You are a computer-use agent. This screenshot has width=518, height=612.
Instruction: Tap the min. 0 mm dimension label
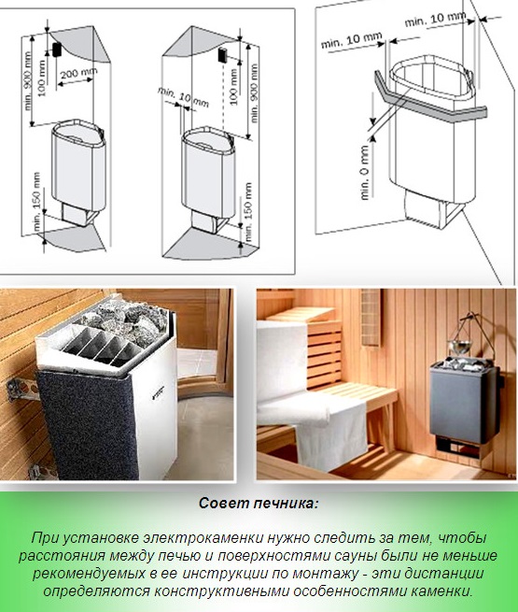[365, 173]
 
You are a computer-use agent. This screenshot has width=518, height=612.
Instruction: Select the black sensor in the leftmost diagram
[57, 50]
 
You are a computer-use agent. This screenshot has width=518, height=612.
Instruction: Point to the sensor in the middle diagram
[222, 55]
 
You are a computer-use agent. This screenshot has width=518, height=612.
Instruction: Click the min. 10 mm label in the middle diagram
[183, 97]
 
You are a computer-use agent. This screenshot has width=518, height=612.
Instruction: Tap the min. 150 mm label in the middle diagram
[248, 211]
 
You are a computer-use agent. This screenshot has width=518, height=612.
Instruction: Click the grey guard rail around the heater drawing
[429, 104]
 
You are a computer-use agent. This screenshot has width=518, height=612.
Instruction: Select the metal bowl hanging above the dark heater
[459, 346]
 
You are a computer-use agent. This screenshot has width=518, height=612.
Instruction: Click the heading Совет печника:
[259, 503]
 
